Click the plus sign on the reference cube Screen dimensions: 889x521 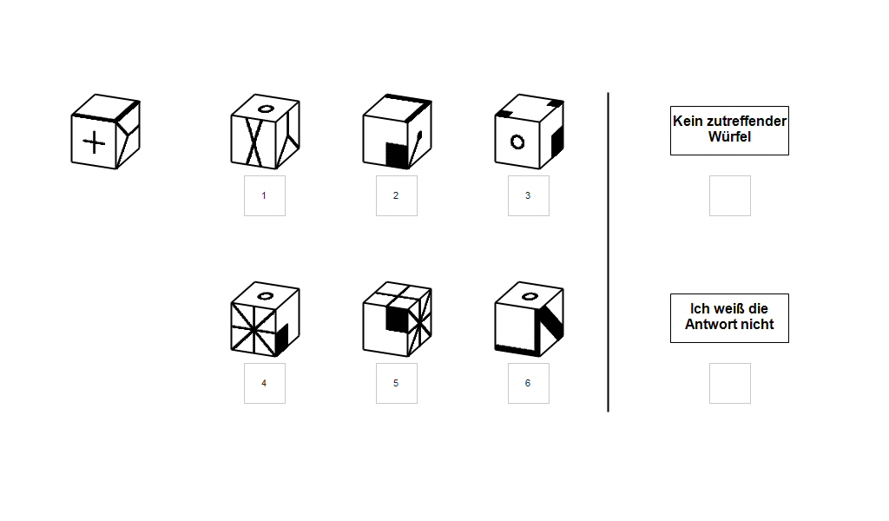(x=94, y=142)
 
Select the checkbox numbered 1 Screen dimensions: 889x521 (x=265, y=195)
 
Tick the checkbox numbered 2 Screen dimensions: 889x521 (x=397, y=195)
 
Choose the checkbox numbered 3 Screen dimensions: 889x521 (x=529, y=195)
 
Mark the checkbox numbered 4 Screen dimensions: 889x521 (x=265, y=383)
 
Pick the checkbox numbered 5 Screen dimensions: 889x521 (x=397, y=383)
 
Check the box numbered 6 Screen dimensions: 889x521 (x=529, y=383)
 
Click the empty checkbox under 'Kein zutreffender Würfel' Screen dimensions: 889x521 (x=730, y=195)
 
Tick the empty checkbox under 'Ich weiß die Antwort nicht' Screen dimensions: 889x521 (x=730, y=383)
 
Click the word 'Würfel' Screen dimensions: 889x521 (x=729, y=136)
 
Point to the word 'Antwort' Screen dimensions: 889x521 (x=708, y=324)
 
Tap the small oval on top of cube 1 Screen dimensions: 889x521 (x=266, y=109)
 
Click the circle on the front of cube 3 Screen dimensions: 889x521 (x=517, y=142)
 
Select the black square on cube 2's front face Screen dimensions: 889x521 (x=397, y=155)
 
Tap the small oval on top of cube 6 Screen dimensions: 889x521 (x=530, y=296)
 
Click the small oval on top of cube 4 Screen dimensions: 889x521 (x=266, y=296)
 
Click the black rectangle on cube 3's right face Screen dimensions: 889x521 (x=557, y=142)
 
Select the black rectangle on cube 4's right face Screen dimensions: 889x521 (x=282, y=339)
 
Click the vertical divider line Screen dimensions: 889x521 (x=609, y=253)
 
